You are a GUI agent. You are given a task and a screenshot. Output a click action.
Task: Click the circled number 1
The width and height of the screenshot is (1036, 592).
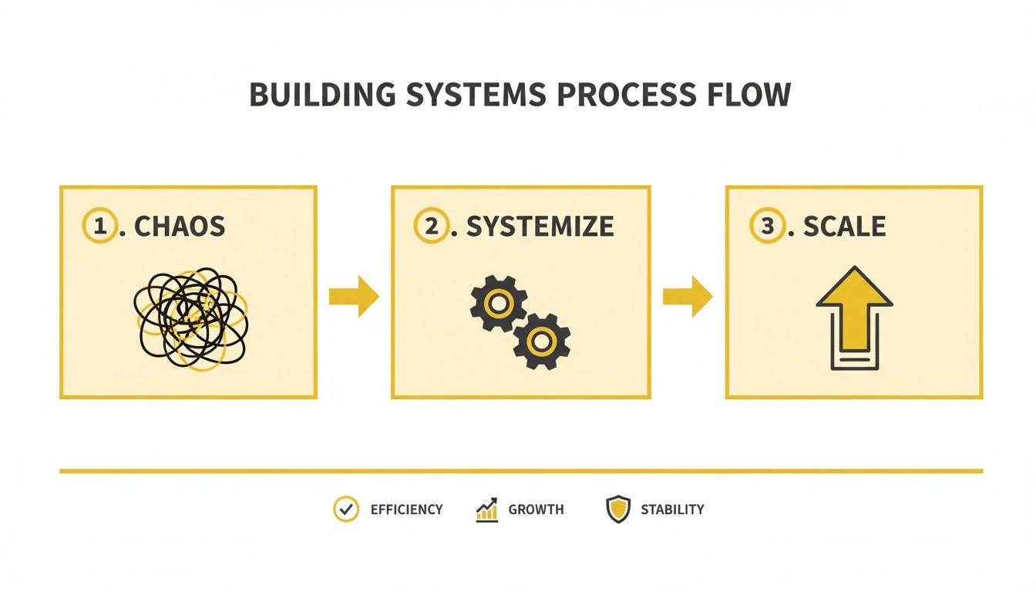tap(98, 226)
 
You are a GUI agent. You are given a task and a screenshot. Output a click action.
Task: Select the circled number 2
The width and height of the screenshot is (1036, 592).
tap(430, 226)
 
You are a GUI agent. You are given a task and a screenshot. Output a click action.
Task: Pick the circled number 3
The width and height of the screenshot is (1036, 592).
tap(767, 226)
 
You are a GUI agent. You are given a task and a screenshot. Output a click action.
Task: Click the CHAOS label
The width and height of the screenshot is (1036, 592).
tap(180, 227)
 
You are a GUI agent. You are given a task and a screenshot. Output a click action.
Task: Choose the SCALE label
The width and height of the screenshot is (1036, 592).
tap(844, 227)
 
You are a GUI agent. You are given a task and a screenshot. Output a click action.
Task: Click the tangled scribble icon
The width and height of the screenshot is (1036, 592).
tap(191, 317)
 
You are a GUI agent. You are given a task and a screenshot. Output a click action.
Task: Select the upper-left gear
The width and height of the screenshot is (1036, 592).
tap(499, 304)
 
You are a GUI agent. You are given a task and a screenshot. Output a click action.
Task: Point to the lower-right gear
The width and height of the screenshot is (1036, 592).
tap(541, 340)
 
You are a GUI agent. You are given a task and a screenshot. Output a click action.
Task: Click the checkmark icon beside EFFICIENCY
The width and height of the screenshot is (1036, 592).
tap(345, 510)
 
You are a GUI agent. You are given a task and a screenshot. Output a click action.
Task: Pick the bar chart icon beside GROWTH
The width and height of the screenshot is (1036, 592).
tap(487, 510)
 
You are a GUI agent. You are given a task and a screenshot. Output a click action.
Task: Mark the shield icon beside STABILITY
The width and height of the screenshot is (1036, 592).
tap(618, 510)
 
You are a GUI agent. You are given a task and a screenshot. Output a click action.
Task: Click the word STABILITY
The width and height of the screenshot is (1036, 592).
tap(672, 510)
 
